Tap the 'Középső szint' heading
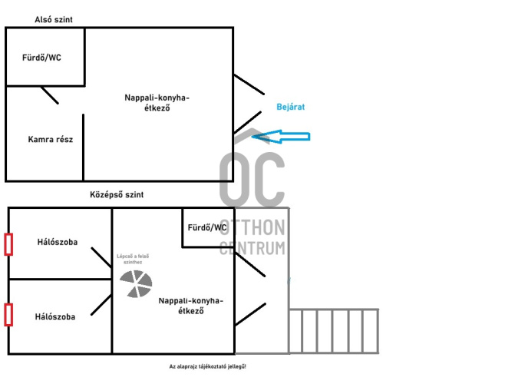tap(117, 195)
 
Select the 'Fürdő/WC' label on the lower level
tap(41, 58)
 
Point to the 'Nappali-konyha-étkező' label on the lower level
tap(157, 103)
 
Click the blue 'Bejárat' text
tap(291, 108)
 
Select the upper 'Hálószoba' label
tap(57, 242)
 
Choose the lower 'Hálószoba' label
tap(55, 316)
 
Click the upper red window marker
tap(8, 244)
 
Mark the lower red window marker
tap(8, 315)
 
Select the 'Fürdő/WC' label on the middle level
tap(207, 227)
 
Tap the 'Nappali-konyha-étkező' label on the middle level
tap(190, 306)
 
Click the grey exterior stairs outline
tap(334, 331)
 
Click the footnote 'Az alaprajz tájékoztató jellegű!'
tap(208, 367)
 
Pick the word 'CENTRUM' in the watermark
tap(252, 248)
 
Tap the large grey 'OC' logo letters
tap(252, 178)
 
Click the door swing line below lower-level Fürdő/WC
tap(49, 95)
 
